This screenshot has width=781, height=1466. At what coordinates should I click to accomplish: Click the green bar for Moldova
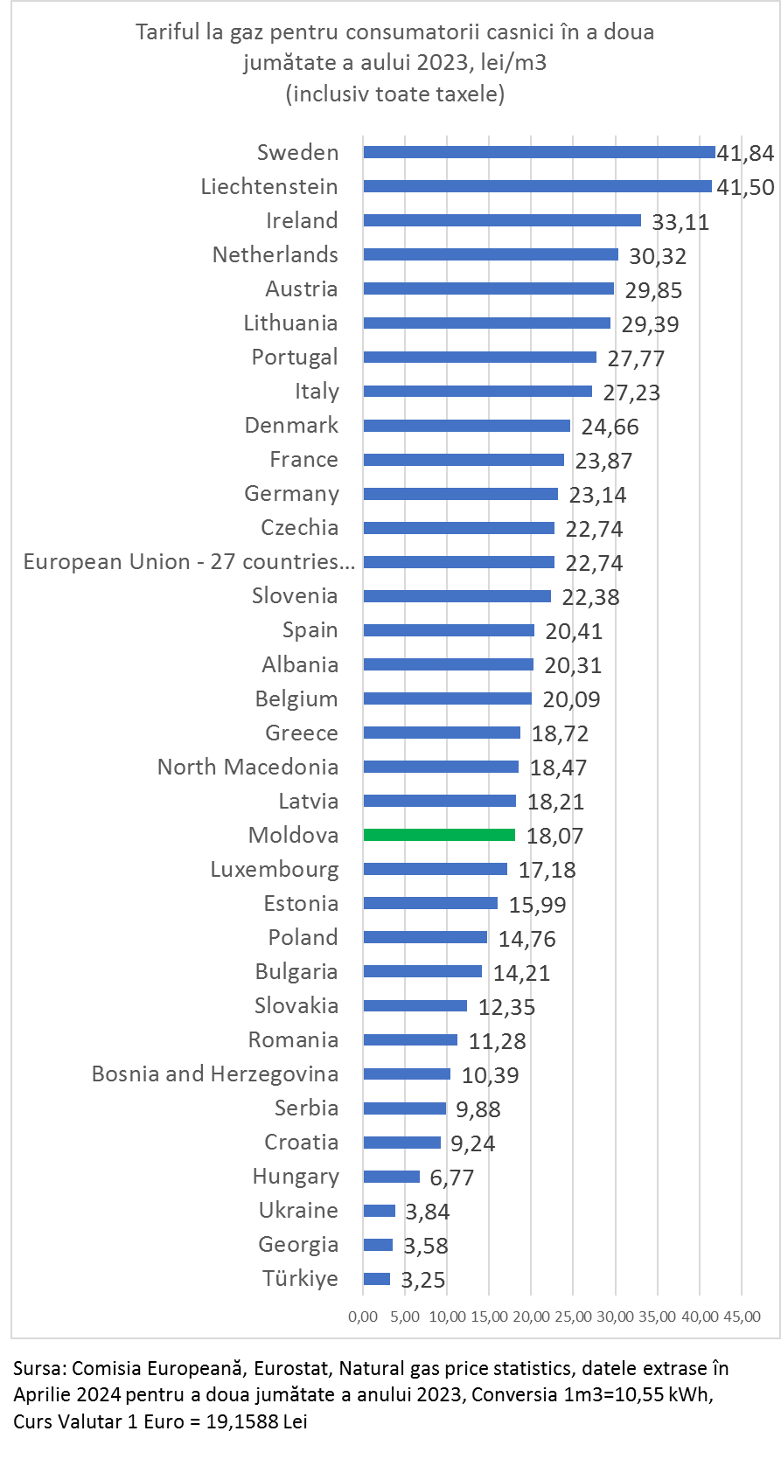tap(439, 835)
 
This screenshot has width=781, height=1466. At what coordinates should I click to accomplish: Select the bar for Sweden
tap(539, 152)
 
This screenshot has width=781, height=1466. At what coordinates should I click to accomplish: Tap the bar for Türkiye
tap(377, 1279)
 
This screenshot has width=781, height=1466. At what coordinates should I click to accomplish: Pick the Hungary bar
tap(392, 1177)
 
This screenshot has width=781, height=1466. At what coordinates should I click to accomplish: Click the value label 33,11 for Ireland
tap(680, 222)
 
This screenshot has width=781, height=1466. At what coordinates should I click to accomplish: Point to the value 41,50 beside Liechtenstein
tap(745, 187)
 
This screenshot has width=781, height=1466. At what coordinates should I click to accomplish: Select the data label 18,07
tap(554, 837)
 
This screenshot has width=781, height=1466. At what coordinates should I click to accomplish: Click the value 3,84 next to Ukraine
tap(428, 1212)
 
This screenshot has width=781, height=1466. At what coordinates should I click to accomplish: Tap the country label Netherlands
tap(275, 255)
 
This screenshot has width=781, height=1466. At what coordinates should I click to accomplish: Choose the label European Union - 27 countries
tap(189, 562)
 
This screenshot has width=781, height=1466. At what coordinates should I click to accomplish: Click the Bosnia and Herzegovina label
tap(215, 1074)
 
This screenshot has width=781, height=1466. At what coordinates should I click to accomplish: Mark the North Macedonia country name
tap(248, 768)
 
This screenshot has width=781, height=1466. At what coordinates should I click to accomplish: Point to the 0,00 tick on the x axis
tap(363, 1317)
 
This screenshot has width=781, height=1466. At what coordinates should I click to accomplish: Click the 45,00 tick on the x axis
tap(742, 1317)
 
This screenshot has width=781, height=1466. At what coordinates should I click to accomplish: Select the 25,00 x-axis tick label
tap(573, 1317)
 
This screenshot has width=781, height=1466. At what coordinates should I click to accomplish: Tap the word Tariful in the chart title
tap(165, 33)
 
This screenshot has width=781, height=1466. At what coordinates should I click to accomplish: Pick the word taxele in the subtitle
tap(472, 94)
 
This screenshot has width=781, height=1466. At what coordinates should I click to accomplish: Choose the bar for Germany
tap(461, 494)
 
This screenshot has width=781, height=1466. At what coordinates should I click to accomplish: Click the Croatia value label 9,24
tap(472, 1143)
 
